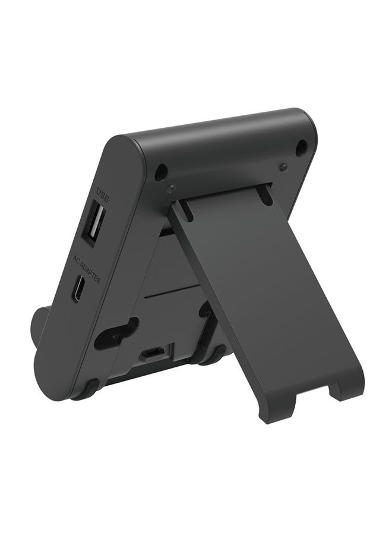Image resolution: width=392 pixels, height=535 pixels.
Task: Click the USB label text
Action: [103, 195]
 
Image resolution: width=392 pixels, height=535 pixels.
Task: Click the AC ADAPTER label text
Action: [87, 271]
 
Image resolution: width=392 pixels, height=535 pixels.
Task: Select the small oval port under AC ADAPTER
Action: [78, 289]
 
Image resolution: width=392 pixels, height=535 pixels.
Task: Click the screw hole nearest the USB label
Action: [160, 172]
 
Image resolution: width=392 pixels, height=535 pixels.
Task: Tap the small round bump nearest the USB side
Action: [172, 188]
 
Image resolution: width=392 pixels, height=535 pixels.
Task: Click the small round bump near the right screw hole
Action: [283, 166]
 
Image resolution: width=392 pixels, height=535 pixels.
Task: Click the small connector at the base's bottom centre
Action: [152, 354]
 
